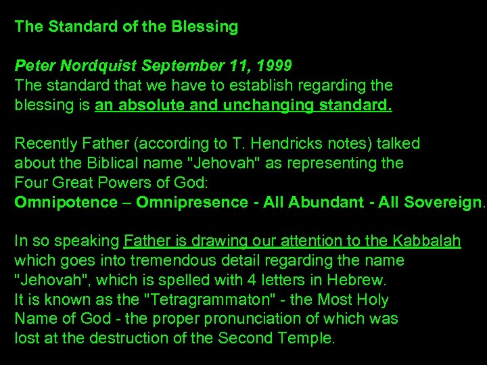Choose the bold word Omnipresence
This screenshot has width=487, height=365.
(193, 202)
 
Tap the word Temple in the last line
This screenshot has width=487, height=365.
(308, 338)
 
